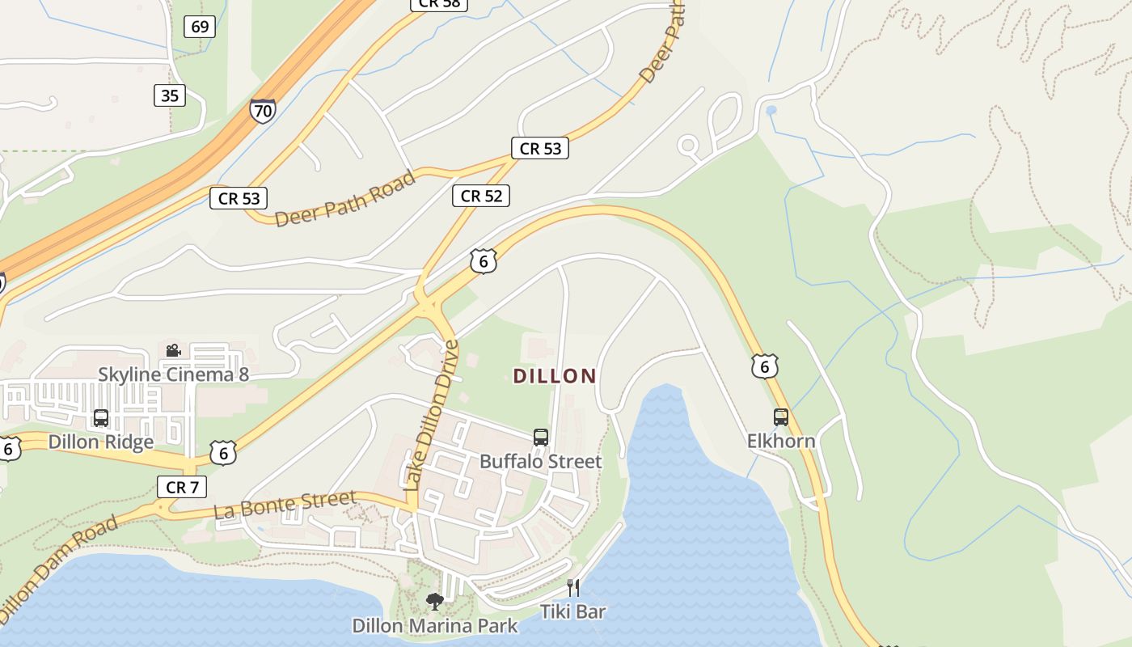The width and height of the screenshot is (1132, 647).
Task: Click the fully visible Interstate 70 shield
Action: click(262, 110)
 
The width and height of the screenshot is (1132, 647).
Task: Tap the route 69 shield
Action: click(200, 27)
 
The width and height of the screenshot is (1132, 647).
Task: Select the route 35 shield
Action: click(170, 95)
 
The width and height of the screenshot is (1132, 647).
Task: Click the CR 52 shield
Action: click(481, 195)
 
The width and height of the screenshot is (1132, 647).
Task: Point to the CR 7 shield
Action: click(182, 487)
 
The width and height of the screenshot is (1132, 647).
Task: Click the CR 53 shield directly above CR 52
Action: click(540, 148)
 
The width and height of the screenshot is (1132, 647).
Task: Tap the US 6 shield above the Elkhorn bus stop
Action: click(764, 366)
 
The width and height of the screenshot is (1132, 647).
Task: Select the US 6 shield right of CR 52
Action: click(483, 260)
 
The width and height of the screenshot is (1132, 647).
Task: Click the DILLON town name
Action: click(555, 376)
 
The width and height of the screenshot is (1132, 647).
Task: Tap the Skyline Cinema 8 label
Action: click(173, 374)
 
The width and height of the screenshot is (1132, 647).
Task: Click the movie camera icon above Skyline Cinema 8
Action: click(173, 350)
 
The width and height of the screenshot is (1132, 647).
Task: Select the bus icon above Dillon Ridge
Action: click(101, 418)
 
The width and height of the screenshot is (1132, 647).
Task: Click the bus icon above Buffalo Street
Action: click(541, 438)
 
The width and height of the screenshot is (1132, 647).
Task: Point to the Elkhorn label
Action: click(780, 441)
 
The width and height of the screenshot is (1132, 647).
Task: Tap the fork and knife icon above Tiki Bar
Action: click(572, 587)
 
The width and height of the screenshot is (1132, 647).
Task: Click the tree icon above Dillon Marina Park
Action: click(435, 602)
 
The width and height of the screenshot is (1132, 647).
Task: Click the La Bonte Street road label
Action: click(285, 505)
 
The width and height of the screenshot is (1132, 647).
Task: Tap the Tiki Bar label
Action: click(572, 611)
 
